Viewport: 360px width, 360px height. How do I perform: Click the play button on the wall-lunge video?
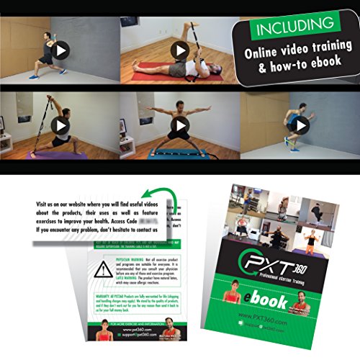pyautogui.click(x=60, y=50)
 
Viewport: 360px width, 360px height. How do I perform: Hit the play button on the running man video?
pyautogui.click(x=301, y=125)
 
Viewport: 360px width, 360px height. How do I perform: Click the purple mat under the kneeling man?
pyautogui.click(x=58, y=154)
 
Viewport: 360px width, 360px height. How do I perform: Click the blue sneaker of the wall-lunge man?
pyautogui.click(x=36, y=74)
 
